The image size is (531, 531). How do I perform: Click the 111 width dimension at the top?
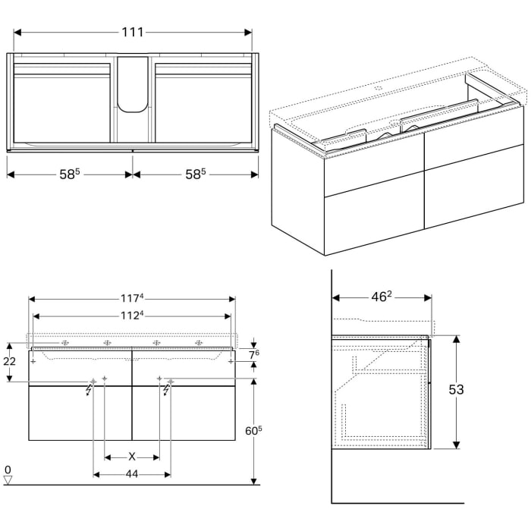tap(133, 33)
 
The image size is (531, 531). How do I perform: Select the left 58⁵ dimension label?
tap(69, 174)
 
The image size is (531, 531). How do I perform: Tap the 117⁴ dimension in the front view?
tap(132, 298)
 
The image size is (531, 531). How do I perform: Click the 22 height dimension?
tap(10, 362)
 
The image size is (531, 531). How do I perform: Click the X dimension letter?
tap(132, 457)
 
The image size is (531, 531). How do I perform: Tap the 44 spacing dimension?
tap(132, 475)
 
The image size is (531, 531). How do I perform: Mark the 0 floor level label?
tap(8, 469)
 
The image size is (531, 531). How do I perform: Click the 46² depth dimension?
tap(382, 297)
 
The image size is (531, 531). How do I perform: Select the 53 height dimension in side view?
tap(476, 390)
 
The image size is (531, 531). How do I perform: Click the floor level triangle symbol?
tap(8, 479)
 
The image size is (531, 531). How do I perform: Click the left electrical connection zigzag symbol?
tap(90, 389)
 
